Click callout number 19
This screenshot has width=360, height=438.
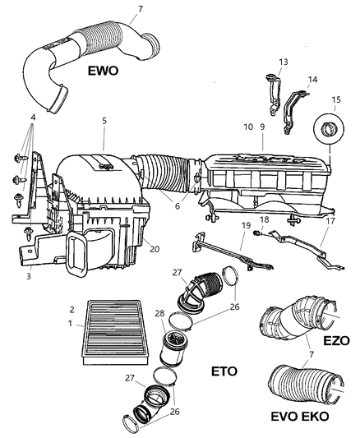coord(245,224)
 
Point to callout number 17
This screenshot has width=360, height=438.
coord(330,220)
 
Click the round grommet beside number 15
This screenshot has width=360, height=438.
coord(329,131)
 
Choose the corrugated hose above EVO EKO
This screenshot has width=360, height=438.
coord(296,385)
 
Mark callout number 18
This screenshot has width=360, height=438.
coord(265,219)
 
